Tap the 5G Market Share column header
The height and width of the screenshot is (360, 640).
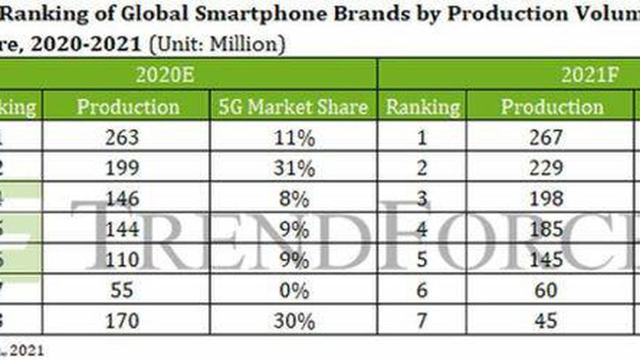tap(292, 107)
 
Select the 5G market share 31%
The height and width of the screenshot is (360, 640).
tap(293, 169)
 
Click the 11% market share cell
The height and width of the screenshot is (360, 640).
tap(293, 138)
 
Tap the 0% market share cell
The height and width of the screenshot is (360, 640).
tap(293, 291)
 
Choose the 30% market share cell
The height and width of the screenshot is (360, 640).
tap(293, 322)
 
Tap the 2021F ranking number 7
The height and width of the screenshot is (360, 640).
tap(422, 322)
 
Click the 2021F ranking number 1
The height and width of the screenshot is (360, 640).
tap(422, 138)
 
